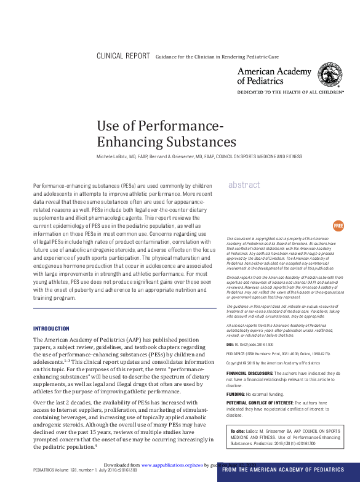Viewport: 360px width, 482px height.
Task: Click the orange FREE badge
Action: [338, 226]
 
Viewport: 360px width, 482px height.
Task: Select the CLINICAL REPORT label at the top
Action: [123, 56]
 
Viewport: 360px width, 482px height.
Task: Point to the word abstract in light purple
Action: [244, 185]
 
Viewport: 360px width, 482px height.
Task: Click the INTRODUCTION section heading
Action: [51, 329]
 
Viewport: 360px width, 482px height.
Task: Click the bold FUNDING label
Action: [237, 393]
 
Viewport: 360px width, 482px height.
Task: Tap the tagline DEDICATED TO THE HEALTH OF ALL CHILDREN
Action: [290, 90]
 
